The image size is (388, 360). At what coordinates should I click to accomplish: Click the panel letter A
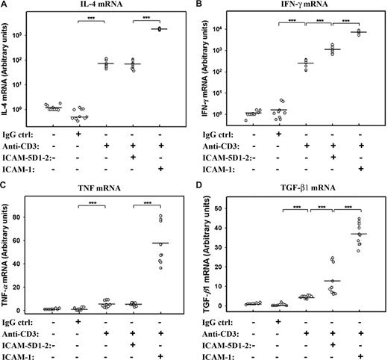point(5,6)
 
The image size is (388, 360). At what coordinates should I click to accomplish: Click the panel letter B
point(200,6)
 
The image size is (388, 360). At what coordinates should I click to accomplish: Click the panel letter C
point(5,187)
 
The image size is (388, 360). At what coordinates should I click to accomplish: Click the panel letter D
point(200,187)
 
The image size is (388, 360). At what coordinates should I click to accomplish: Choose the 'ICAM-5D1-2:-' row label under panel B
point(225,155)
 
